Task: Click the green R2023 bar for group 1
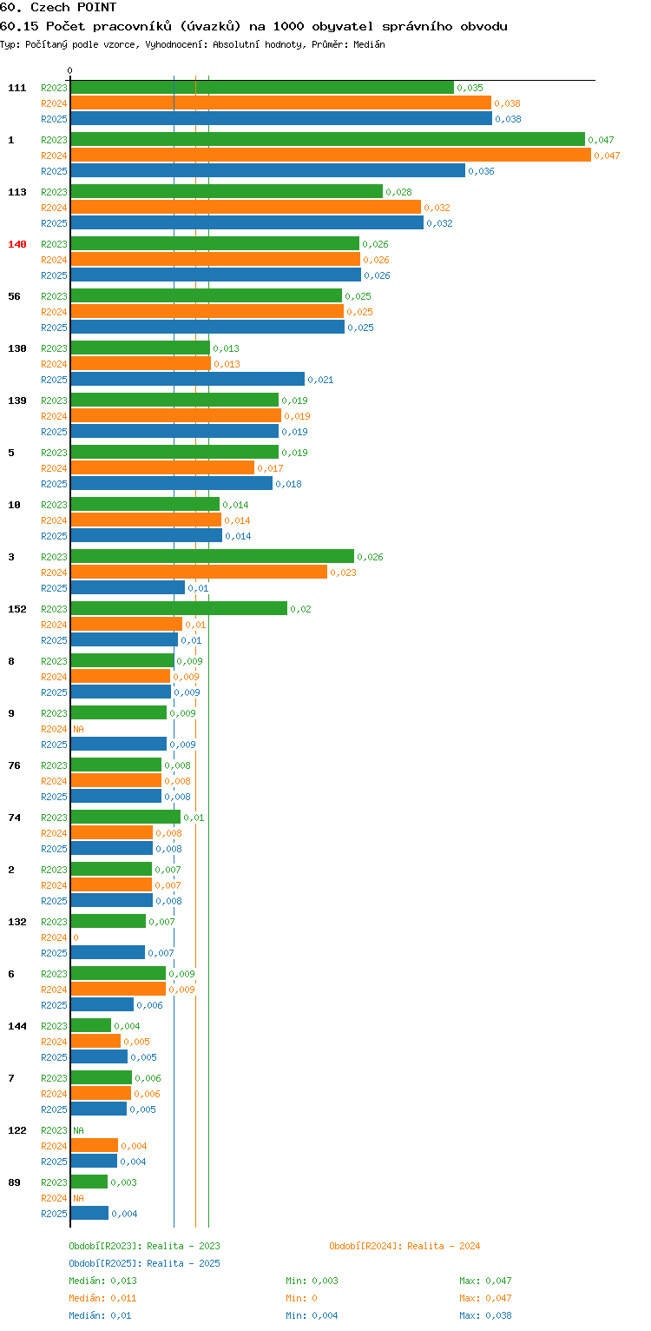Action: (327, 140)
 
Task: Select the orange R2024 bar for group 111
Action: (281, 103)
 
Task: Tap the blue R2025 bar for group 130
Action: (187, 379)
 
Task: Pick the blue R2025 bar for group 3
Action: (128, 587)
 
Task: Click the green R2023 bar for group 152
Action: (179, 608)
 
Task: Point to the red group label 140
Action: (17, 244)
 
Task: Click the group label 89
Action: (14, 1182)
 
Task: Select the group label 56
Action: (14, 296)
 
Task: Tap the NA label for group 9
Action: (78, 729)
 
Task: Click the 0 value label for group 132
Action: (76, 937)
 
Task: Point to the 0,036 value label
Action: (481, 171)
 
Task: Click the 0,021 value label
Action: (320, 380)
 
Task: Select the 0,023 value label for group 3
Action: (343, 573)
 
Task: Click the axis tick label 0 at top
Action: (70, 70)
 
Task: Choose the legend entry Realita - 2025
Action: (144, 1263)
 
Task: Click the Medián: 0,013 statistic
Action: (102, 1281)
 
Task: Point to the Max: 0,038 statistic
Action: (485, 1315)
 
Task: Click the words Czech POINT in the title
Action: (74, 7)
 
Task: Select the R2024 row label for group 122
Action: (54, 1146)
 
